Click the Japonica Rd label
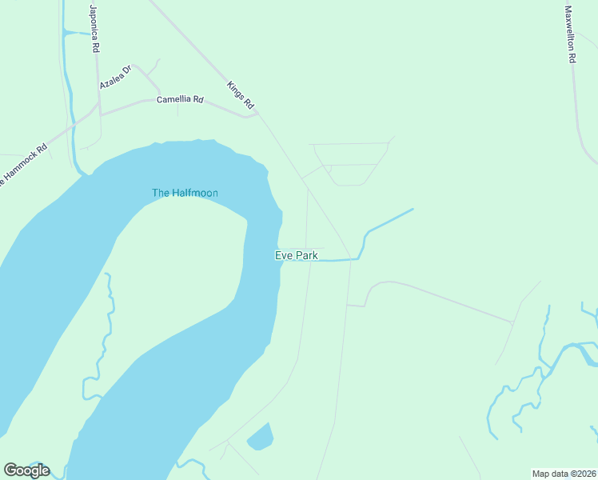pos(94,29)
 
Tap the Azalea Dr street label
pos(114,77)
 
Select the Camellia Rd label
pos(180,100)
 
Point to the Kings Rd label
pos(240,94)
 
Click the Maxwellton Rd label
pos(570,34)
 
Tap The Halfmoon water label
pos(185,193)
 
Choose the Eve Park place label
pos(297,255)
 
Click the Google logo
pos(26,470)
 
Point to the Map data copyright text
pos(564,474)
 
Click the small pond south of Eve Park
pos(261,438)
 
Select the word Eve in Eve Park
pos(284,255)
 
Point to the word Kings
pos(235,89)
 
